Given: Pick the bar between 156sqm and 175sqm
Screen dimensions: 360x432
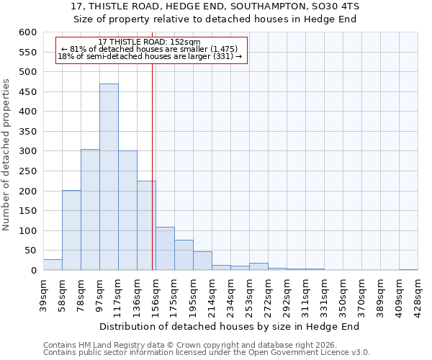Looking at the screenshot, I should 165,249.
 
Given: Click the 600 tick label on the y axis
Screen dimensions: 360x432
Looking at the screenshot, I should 27,32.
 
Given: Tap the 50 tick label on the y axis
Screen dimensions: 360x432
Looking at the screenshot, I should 30,251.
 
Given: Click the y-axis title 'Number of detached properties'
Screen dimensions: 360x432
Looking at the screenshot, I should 7,156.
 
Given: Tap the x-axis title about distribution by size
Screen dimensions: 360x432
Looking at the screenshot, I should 229,326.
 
